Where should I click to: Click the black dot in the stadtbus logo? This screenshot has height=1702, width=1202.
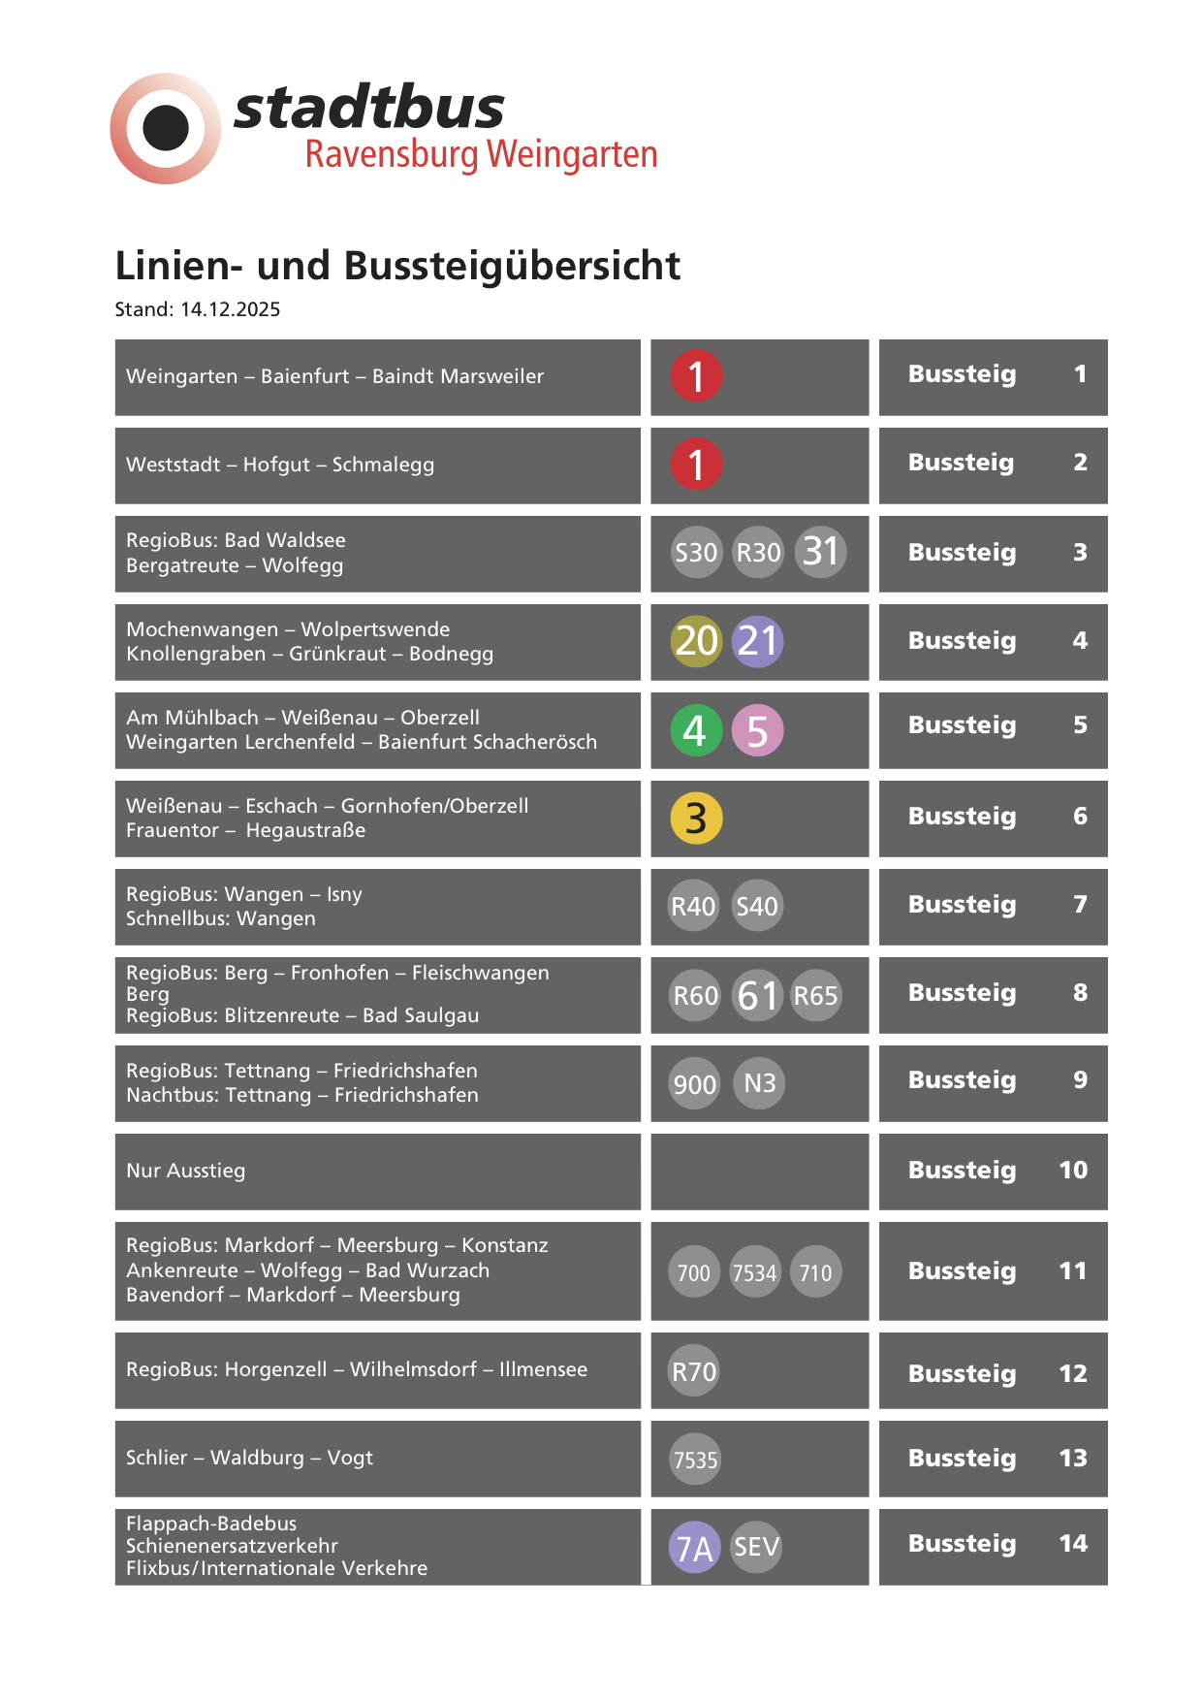(166, 128)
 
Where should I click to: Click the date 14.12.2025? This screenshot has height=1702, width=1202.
(230, 309)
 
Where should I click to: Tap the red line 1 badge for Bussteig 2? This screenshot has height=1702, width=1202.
(696, 465)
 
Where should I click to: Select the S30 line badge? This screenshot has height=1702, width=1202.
(696, 553)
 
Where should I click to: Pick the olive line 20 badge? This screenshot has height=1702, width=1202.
(696, 641)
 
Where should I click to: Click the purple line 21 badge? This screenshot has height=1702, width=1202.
(758, 641)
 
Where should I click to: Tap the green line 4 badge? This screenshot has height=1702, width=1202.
(696, 730)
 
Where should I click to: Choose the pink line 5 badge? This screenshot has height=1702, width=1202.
(758, 730)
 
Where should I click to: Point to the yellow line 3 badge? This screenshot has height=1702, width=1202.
(696, 819)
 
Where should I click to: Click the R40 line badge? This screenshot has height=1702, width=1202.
(694, 907)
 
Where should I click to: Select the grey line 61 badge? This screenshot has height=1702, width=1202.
(758, 996)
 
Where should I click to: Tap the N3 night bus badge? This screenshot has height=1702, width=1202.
(759, 1083)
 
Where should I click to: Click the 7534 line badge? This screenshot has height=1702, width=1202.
(755, 1272)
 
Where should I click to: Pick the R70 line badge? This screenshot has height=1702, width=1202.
(694, 1371)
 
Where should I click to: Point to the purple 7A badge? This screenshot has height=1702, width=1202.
(694, 1548)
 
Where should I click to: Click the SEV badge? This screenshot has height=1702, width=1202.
(756, 1547)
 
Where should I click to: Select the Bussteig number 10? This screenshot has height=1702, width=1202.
(1073, 1171)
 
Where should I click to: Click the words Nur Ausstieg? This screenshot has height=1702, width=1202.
(186, 1171)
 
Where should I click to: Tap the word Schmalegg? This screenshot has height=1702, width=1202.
(383, 465)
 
